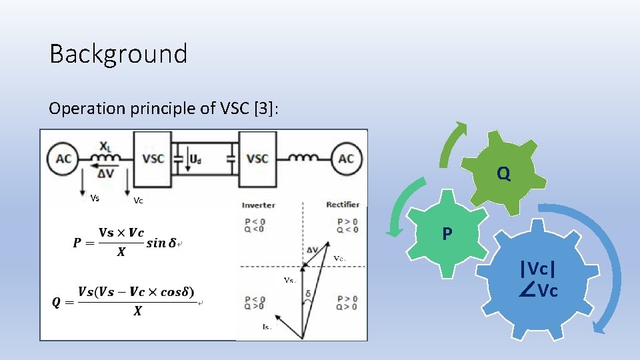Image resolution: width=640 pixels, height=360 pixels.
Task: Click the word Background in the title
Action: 118,54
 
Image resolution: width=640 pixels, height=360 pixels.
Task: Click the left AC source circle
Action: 64,158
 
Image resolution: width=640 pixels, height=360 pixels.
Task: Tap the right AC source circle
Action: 346,158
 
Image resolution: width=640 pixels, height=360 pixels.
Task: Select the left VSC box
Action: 153,159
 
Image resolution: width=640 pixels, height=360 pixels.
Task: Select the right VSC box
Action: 257,159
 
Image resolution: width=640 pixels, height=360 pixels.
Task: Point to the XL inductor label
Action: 105,145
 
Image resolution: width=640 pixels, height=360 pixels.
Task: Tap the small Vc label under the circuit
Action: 137,199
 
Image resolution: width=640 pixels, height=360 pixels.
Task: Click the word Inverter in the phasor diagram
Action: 258,205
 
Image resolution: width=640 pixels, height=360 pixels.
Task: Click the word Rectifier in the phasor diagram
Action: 343,205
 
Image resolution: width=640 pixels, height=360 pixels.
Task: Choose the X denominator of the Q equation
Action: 137,311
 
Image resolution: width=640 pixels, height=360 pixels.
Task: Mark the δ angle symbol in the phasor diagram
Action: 307,293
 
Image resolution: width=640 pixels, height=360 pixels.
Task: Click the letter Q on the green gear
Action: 503,174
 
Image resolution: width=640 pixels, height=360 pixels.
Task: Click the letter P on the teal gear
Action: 447,234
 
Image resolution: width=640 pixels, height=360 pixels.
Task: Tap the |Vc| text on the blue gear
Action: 539,269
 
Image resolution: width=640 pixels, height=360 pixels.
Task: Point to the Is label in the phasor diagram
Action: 267,327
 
